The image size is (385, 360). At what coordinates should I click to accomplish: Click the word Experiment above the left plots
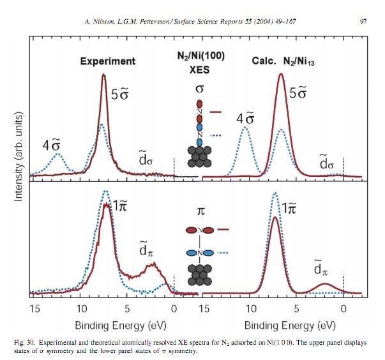[108, 61]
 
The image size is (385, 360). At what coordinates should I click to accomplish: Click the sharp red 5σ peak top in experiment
[104, 75]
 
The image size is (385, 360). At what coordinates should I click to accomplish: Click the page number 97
[363, 22]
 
